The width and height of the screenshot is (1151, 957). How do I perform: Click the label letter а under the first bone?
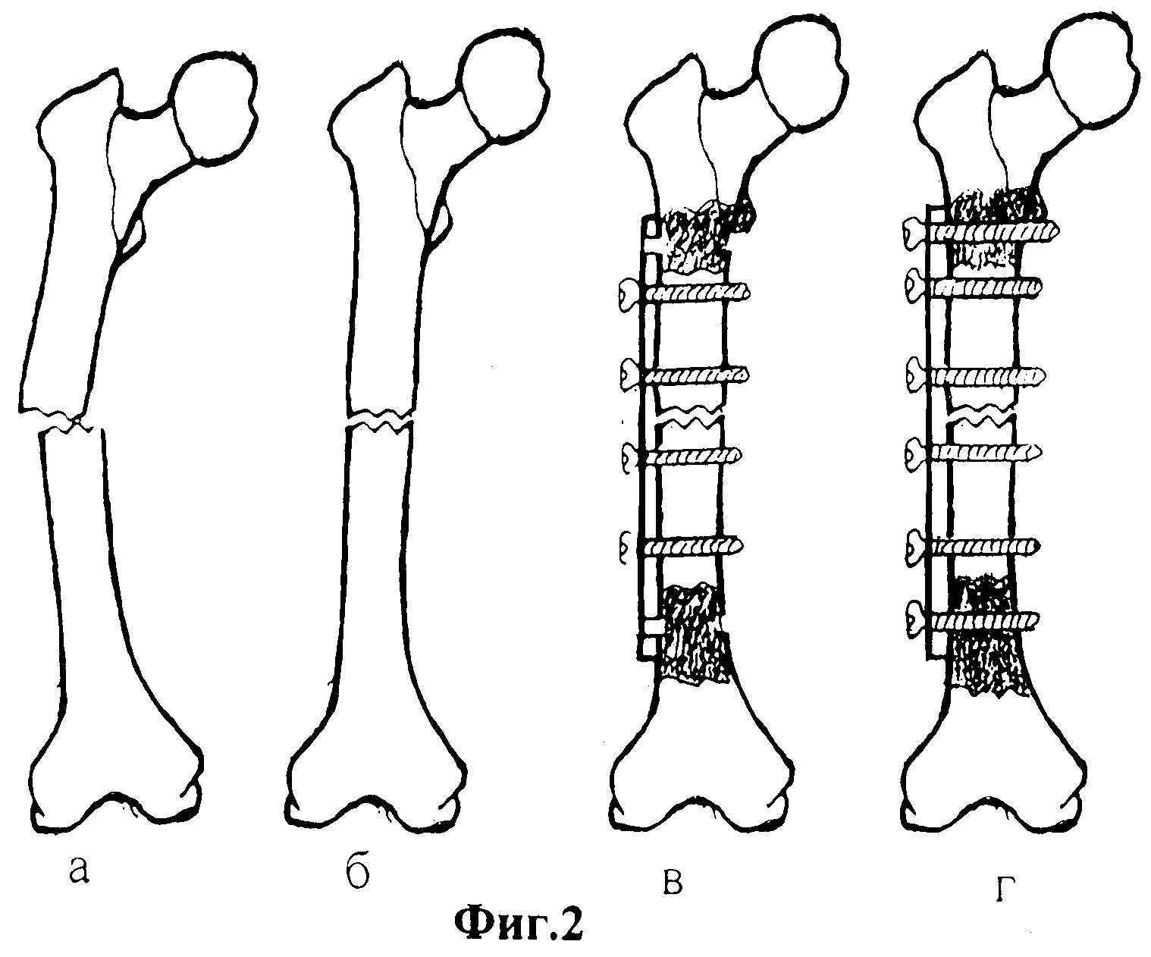pyautogui.click(x=80, y=871)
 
